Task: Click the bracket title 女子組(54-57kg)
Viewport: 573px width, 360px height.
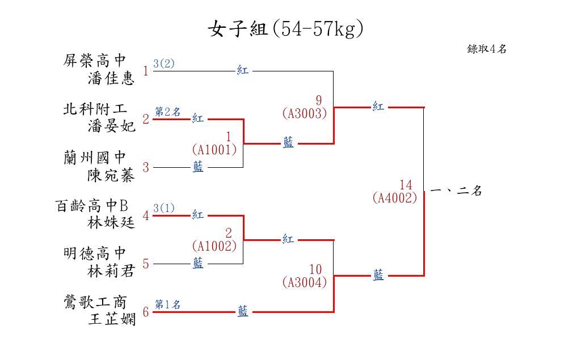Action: (285, 29)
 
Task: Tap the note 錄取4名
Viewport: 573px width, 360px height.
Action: (487, 49)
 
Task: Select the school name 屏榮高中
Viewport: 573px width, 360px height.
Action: (95, 61)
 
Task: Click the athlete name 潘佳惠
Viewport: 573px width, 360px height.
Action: (112, 78)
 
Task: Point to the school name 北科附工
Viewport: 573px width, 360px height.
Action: (95, 109)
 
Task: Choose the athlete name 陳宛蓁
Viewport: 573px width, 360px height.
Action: (112, 175)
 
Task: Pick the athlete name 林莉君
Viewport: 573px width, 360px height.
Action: (112, 272)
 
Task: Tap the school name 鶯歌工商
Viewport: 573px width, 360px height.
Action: (95, 302)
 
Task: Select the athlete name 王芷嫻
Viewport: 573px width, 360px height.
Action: (112, 320)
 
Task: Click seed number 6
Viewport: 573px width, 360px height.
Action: (146, 312)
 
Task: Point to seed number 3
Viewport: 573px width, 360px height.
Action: (146, 167)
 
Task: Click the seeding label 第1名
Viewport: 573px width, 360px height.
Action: (167, 304)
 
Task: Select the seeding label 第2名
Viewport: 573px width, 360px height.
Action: (167, 112)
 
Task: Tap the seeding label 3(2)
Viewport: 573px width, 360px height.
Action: (164, 63)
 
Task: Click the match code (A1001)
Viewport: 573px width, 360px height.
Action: (214, 150)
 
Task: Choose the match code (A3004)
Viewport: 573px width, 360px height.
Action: (305, 282)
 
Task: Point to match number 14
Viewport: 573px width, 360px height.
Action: (406, 185)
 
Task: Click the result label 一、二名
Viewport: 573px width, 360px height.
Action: (456, 192)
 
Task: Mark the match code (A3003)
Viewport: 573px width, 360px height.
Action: (305, 113)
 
